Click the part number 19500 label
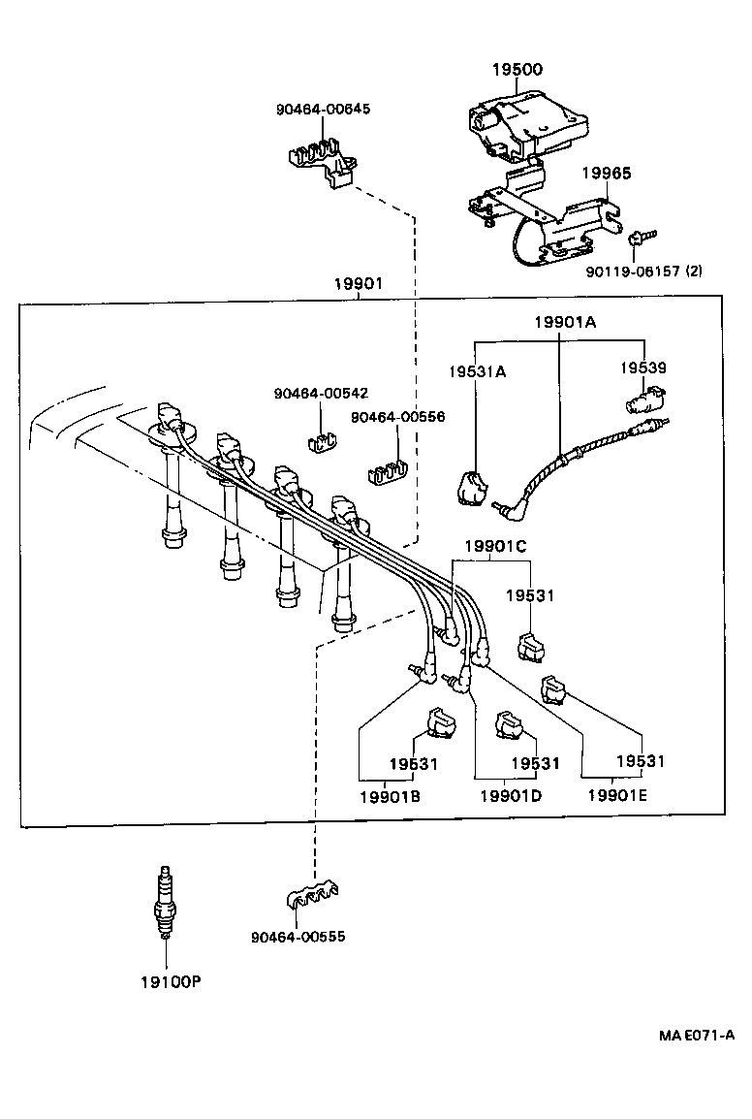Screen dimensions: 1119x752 517,70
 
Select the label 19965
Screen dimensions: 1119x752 606,174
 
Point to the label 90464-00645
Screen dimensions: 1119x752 323,109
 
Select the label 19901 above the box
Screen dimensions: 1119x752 359,283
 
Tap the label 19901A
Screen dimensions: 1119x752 565,322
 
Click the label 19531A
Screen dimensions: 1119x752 477,370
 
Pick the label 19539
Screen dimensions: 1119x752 643,368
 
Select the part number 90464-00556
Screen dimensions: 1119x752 397,416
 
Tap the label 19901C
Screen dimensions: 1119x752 495,547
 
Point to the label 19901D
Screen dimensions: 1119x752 510,796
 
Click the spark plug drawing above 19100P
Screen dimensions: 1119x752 166,901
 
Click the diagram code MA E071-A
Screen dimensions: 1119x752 697,1035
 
